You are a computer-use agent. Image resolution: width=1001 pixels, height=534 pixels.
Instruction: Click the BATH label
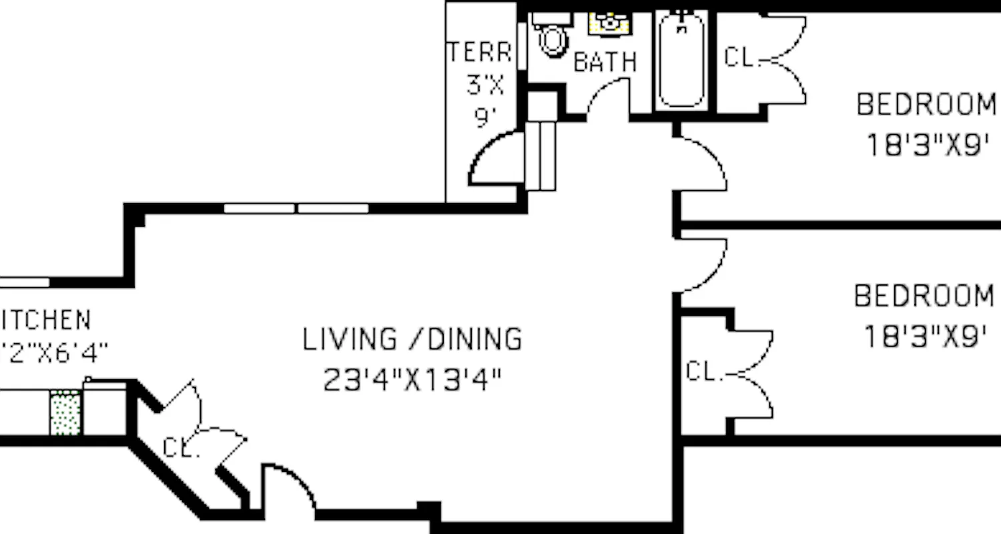tap(605, 62)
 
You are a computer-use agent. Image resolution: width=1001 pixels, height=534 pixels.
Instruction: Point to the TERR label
tap(480, 52)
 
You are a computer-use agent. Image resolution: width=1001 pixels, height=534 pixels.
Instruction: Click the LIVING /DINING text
tap(412, 339)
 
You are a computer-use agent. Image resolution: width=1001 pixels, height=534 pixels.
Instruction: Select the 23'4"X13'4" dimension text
tap(412, 380)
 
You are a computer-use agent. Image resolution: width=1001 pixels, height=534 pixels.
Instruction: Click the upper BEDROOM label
tap(926, 105)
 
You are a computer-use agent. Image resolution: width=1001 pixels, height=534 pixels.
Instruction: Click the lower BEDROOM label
tap(924, 296)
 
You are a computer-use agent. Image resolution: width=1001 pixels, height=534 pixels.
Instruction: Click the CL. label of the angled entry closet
tap(181, 447)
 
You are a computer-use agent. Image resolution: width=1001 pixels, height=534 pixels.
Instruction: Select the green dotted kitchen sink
tap(65, 413)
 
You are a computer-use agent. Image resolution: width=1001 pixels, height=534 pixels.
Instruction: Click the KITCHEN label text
tap(45, 320)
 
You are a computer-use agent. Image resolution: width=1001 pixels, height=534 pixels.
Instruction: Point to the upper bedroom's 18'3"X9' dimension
tap(926, 145)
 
